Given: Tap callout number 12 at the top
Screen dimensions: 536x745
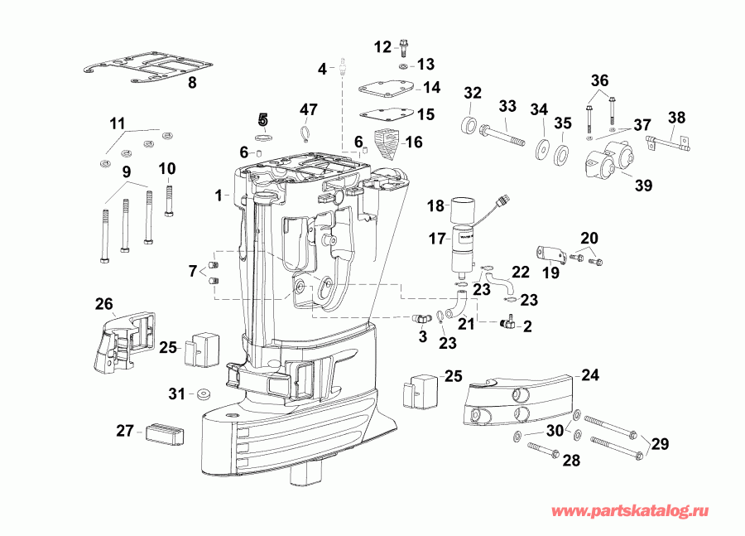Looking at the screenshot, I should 382,46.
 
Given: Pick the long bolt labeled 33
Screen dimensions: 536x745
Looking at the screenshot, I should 501,133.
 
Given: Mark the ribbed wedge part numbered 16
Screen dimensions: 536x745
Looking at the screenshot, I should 387,144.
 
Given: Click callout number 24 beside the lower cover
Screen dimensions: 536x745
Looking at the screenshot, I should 589,374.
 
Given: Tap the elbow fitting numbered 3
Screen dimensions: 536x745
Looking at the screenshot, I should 421,317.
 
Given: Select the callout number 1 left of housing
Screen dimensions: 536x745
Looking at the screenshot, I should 218,196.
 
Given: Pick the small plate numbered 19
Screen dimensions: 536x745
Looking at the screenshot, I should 550,254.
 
